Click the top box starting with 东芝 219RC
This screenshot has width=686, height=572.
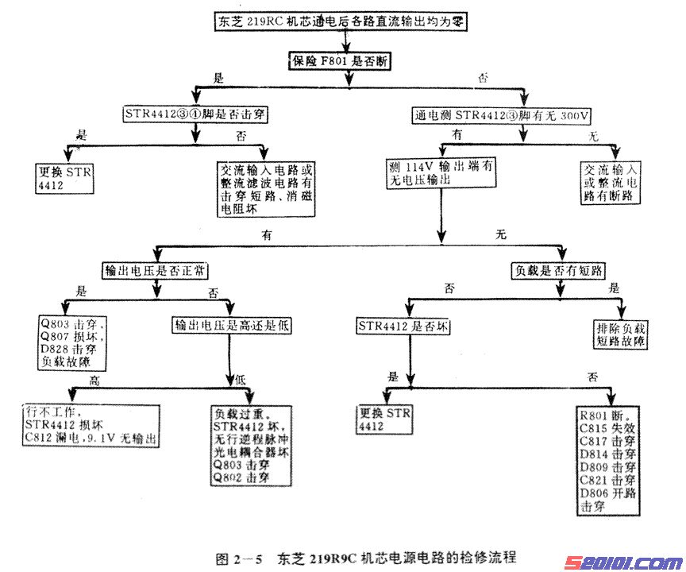[x=341, y=22]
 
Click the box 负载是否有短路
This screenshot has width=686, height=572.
[x=559, y=270]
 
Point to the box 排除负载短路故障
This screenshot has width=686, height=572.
[x=620, y=334]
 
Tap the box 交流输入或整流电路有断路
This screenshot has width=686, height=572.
[x=611, y=182]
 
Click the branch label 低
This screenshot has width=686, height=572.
[x=241, y=381]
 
